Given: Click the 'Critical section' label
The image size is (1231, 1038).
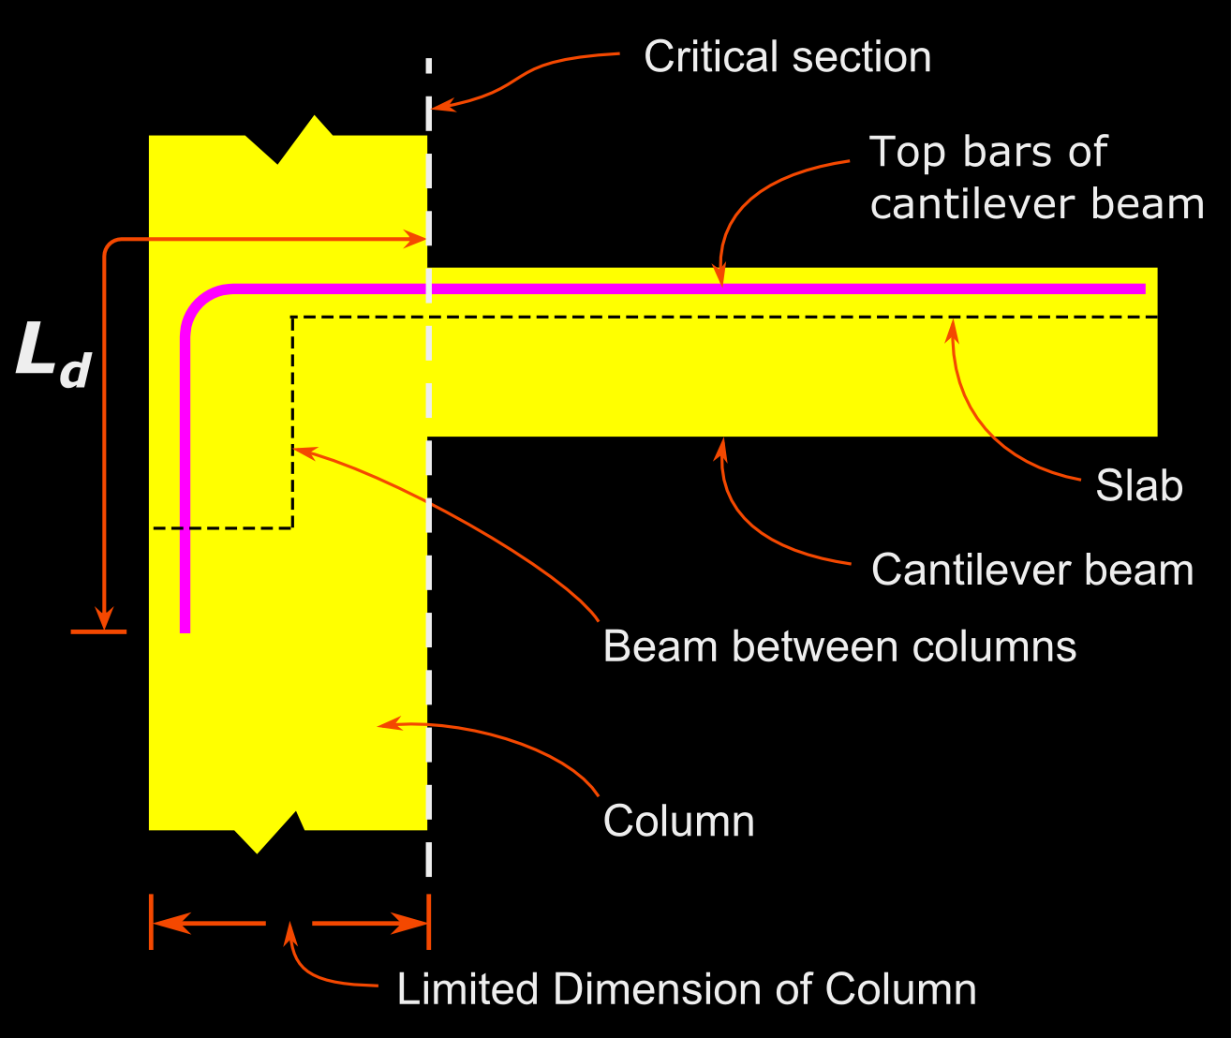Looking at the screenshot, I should pyautogui.click(x=787, y=57).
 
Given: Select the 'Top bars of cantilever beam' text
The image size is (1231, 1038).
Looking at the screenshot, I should pyautogui.click(x=1035, y=178).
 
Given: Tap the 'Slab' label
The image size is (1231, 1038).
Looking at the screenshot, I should pyautogui.click(x=1138, y=485).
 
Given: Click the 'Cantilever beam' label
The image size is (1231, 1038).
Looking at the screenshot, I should pyautogui.click(x=1031, y=570).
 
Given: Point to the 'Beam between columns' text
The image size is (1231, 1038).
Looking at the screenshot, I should pyautogui.click(x=839, y=646).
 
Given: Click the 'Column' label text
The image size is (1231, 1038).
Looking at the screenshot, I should pyautogui.click(x=678, y=821).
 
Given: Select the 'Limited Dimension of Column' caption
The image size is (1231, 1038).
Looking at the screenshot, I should pyautogui.click(x=686, y=989).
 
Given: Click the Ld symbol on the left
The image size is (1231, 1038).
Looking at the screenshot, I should pyautogui.click(x=52, y=354).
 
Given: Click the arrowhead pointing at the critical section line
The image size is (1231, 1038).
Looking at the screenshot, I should pyautogui.click(x=442, y=105).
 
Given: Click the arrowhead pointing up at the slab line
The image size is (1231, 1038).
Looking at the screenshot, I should pyautogui.click(x=954, y=328).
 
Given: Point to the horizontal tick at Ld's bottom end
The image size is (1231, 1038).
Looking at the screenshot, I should pyautogui.click(x=98, y=632).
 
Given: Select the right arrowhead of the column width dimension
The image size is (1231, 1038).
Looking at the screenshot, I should pyautogui.click(x=414, y=924).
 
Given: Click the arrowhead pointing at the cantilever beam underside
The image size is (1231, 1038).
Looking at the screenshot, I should pyautogui.click(x=721, y=447).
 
